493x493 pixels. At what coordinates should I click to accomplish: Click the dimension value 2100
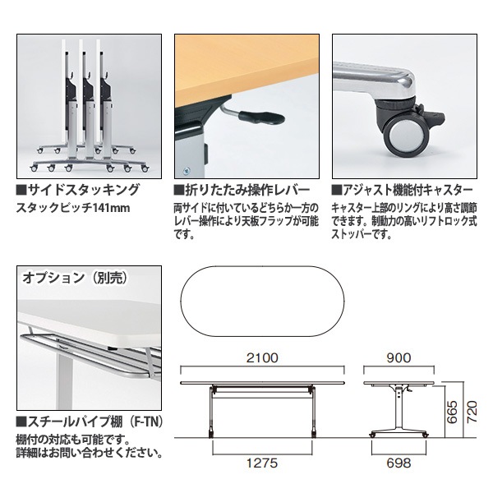(x=260, y=358)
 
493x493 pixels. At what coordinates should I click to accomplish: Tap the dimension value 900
(x=397, y=358)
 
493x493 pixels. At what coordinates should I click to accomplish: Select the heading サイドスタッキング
(x=78, y=190)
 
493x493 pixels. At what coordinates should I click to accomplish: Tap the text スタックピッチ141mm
(x=73, y=208)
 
